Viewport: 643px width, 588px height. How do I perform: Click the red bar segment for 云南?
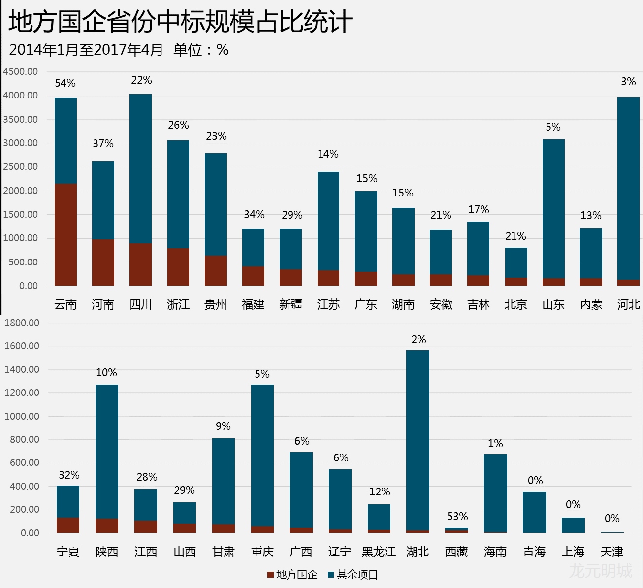(65, 234)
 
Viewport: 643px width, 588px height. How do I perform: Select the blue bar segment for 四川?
(140, 168)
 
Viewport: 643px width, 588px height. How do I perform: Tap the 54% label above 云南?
(65, 83)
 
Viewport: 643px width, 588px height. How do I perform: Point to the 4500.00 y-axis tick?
(20, 71)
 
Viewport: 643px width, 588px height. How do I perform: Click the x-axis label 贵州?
(216, 305)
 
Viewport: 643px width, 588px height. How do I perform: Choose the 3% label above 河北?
(628, 82)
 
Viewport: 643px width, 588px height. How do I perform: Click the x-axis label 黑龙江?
(379, 552)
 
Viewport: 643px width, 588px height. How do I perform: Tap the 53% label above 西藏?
(457, 517)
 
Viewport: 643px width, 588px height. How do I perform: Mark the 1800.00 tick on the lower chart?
(22, 323)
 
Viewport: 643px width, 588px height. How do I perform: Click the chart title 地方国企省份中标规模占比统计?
(180, 22)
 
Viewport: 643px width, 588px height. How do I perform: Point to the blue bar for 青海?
(534, 512)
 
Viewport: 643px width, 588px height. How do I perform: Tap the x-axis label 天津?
(612, 552)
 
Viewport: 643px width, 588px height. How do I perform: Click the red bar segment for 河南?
(103, 262)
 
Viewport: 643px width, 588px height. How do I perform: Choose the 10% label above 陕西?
(106, 373)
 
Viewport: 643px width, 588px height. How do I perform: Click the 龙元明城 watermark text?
(600, 571)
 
